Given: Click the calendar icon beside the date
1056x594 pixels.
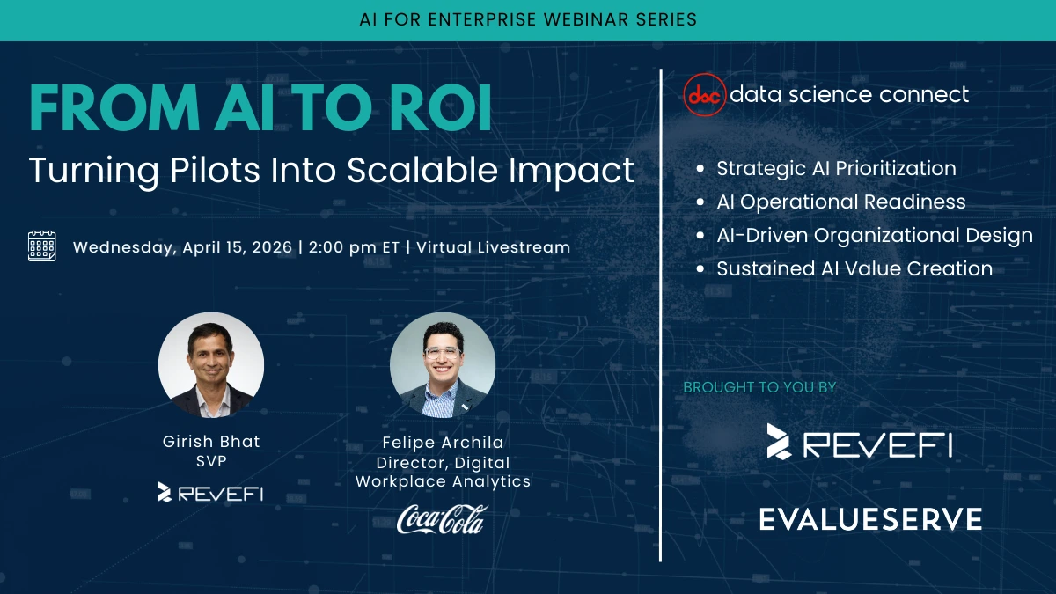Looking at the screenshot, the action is coord(42,246).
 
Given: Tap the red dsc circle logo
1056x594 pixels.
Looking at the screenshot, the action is coord(704,95).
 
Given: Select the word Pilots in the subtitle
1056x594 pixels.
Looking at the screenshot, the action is coord(215,170).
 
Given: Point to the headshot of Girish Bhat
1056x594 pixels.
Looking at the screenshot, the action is coord(211,365).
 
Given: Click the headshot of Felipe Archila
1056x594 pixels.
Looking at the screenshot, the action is coord(443,365).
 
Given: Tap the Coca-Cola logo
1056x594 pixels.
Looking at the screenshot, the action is coord(442,519).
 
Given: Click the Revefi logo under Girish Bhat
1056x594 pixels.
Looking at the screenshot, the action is coord(210,493).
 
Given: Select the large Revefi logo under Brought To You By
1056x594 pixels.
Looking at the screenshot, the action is coord(860,442).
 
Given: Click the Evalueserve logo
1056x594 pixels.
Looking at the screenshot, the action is coord(870,519).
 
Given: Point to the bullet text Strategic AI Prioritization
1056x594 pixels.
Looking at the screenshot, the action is coord(836,168).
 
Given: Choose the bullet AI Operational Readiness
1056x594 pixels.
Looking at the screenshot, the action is coord(841,202).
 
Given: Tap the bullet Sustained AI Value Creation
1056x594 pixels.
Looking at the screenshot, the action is coord(854,268).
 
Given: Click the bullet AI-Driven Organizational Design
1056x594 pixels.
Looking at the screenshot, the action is coord(875,235).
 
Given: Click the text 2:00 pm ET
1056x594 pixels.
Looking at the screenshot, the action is coord(354,247).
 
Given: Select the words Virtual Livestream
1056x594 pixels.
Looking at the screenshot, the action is coord(493,247).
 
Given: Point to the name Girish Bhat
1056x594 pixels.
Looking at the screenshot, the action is coord(211,442).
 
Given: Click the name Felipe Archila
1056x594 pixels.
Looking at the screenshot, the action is coord(443,443).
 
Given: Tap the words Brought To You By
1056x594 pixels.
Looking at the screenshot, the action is coord(759,387).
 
